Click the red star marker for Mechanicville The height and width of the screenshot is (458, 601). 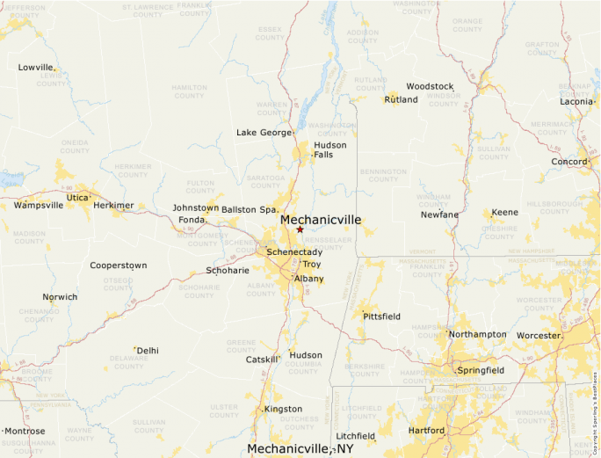click(300, 229)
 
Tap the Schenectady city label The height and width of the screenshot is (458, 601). click(294, 252)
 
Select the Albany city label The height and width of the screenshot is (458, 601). click(308, 279)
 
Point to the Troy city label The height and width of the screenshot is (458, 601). click(311, 265)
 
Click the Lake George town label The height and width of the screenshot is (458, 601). click(264, 133)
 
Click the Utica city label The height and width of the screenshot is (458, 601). click(77, 198)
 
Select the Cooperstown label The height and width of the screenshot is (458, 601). click(118, 265)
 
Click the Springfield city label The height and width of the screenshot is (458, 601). click(481, 371)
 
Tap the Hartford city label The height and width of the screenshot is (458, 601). click(426, 431)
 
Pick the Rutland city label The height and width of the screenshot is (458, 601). click(401, 100)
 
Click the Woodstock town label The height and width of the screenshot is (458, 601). click(430, 87)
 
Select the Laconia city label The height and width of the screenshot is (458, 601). click(576, 102)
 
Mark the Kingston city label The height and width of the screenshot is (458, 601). click(283, 410)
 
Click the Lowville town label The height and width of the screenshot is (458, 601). click(36, 68)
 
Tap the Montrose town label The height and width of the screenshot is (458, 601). click(25, 432)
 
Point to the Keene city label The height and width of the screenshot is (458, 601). click(504, 213)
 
